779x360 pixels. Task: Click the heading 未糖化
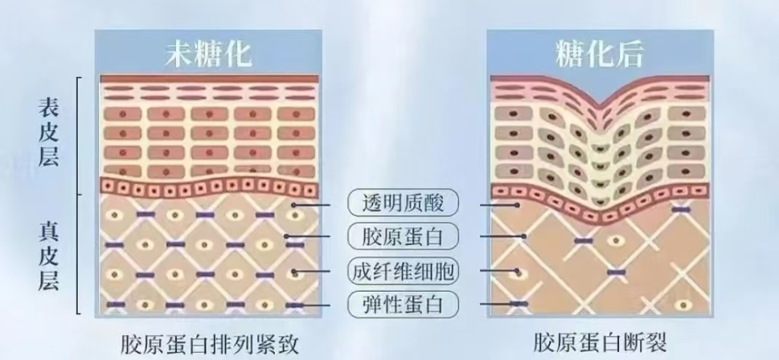pyautogui.click(x=208, y=53)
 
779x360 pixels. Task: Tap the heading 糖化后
pyautogui.click(x=600, y=53)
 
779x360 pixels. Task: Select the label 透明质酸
pyautogui.click(x=403, y=202)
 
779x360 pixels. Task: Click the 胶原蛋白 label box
pyautogui.click(x=403, y=236)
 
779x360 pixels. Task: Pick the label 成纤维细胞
pyautogui.click(x=403, y=270)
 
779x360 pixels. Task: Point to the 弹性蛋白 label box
pyautogui.click(x=403, y=305)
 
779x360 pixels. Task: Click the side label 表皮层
pyautogui.click(x=49, y=133)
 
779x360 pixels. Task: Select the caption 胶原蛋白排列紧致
pyautogui.click(x=210, y=343)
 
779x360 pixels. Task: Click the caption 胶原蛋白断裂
pyautogui.click(x=600, y=342)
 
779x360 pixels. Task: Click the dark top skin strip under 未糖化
pyautogui.click(x=209, y=79)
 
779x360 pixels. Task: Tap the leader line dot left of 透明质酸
pyautogui.click(x=294, y=205)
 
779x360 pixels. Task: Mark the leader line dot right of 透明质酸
pyautogui.click(x=517, y=205)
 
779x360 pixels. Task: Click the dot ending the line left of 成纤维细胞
pyautogui.click(x=294, y=271)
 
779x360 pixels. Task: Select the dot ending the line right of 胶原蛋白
pyautogui.click(x=523, y=236)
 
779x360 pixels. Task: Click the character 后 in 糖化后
pyautogui.click(x=629, y=53)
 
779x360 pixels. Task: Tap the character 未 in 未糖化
pyautogui.click(x=178, y=53)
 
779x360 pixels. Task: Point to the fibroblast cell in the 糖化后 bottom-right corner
pyautogui.click(x=684, y=305)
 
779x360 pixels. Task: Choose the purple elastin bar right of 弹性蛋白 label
pyautogui.click(x=519, y=304)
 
